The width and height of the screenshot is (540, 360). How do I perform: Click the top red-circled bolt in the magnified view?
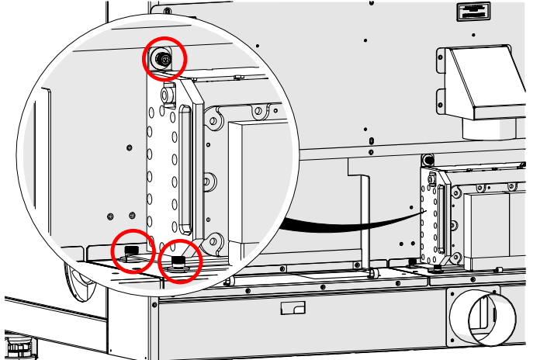pos(164,58)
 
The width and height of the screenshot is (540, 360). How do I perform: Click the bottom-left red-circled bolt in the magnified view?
pos(132,249)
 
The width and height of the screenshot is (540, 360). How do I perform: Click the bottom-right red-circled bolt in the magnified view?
pos(179,262)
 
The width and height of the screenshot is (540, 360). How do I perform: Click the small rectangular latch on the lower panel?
pos(292,309)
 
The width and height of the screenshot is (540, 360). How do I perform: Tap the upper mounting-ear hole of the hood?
pos(442,59)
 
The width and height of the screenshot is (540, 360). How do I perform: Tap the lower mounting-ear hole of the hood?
pos(442,99)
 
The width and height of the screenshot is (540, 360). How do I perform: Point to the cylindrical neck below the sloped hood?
pos(488,128)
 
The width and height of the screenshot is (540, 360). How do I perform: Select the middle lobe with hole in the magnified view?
pos(207,180)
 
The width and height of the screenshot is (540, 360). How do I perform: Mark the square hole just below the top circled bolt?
pos(164,92)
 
